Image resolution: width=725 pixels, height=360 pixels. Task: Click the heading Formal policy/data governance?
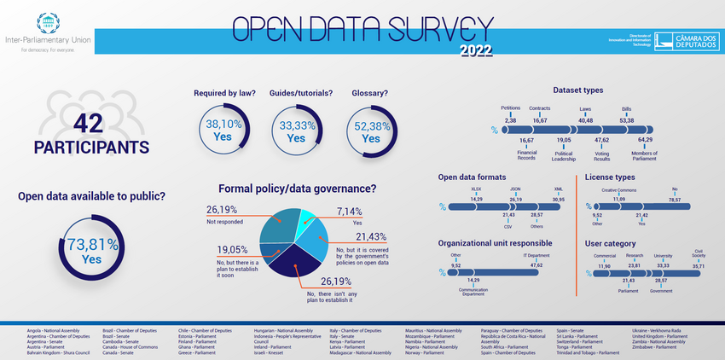[298, 189]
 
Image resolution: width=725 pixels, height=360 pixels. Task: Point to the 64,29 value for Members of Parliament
[645, 139]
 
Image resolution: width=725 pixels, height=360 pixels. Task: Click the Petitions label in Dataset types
[511, 108]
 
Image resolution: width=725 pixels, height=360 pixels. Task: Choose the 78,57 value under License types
[675, 199]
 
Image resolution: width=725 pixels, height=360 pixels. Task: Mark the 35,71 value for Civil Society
[699, 266]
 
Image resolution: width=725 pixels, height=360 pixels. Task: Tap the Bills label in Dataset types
[626, 108]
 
